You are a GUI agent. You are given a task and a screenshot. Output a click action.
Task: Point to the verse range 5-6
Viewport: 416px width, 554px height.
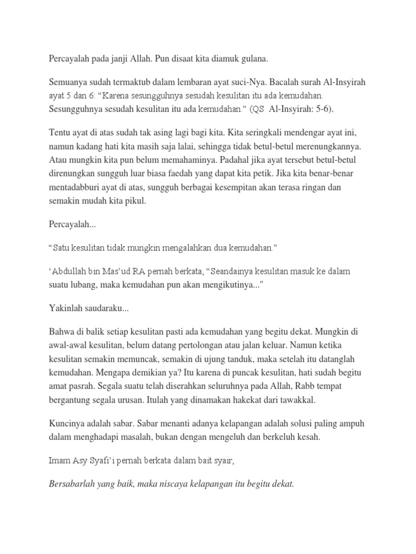coord(320,109)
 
